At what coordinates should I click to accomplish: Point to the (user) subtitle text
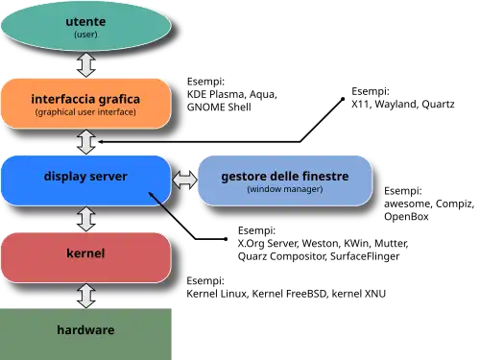(x=85, y=35)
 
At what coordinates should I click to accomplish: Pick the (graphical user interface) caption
(x=85, y=112)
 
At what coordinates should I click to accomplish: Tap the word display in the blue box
(x=65, y=177)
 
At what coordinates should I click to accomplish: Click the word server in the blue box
(x=108, y=177)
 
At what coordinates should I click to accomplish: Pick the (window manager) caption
(x=284, y=189)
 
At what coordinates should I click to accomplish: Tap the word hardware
(x=85, y=330)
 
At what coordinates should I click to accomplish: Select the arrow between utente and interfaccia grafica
(x=85, y=64)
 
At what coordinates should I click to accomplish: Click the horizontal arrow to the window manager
(x=184, y=180)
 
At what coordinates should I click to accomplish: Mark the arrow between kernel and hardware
(x=85, y=295)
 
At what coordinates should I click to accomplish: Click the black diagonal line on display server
(x=162, y=204)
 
